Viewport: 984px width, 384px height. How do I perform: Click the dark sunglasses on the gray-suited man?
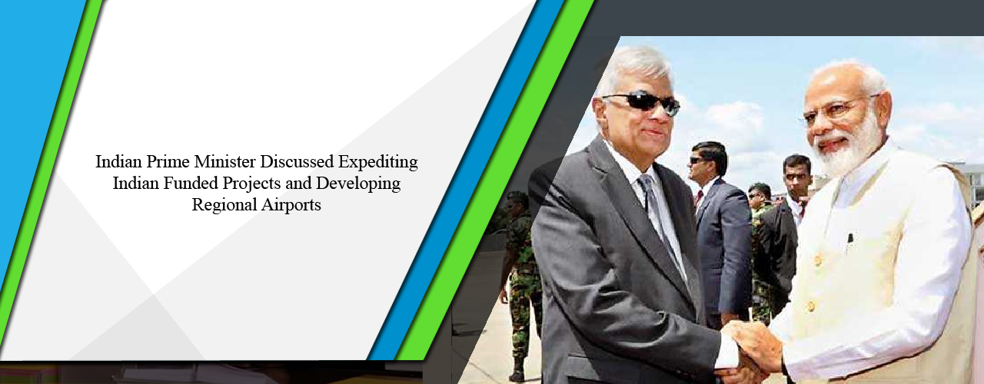tap(641, 102)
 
